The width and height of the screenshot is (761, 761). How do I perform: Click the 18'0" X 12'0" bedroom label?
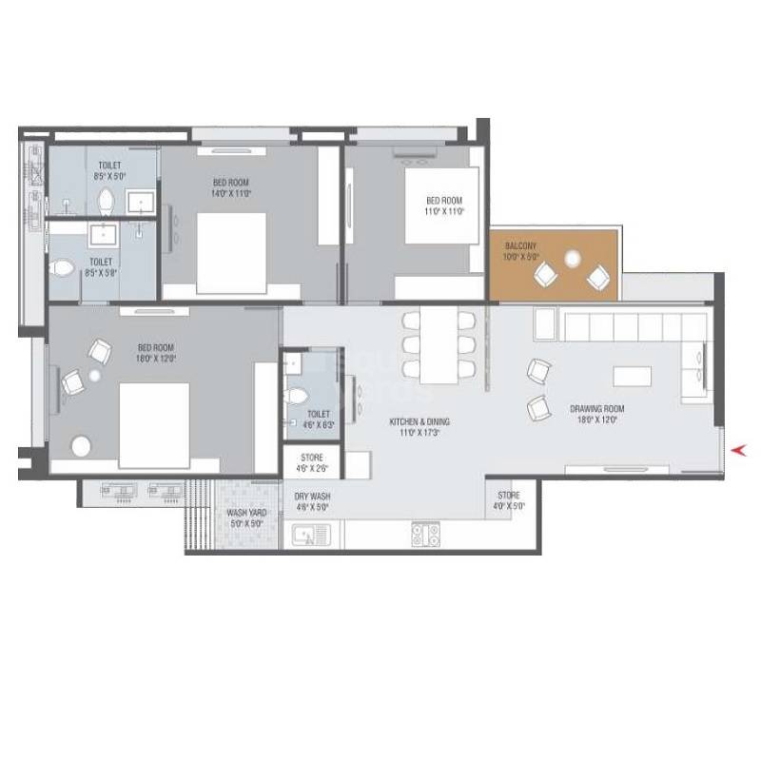tap(157, 353)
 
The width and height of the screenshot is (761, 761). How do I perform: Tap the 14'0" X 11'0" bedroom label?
tap(231, 185)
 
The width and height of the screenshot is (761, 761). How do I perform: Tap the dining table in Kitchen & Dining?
tap(439, 341)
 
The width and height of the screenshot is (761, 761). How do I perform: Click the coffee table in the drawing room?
tap(633, 376)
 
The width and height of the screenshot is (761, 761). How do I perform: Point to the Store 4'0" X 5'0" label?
tap(509, 500)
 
